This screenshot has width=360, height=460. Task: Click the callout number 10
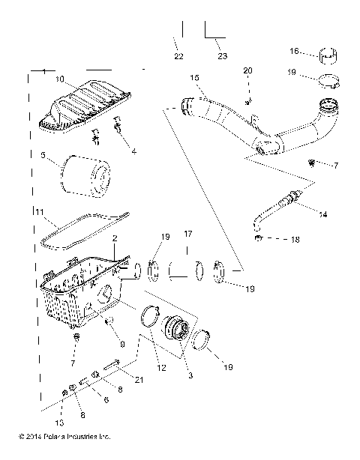click(x=60, y=79)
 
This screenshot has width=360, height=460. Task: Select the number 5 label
click(x=43, y=156)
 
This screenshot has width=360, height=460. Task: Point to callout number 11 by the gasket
click(x=37, y=213)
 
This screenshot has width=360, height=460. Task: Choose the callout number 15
click(x=194, y=78)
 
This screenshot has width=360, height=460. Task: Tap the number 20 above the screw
click(x=248, y=70)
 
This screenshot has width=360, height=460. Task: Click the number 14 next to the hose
click(x=322, y=214)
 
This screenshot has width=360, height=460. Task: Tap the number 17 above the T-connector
click(x=188, y=234)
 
